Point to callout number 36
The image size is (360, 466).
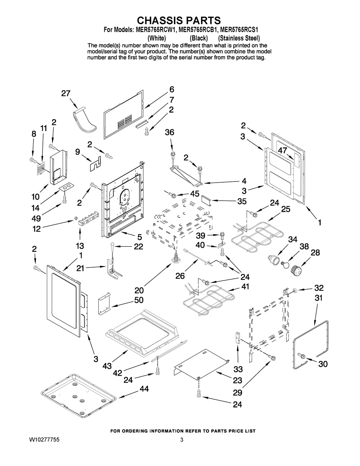point(169,132)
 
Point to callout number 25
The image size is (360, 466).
point(285,209)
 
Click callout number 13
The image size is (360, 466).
point(80,246)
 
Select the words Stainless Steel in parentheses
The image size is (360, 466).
point(239,38)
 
